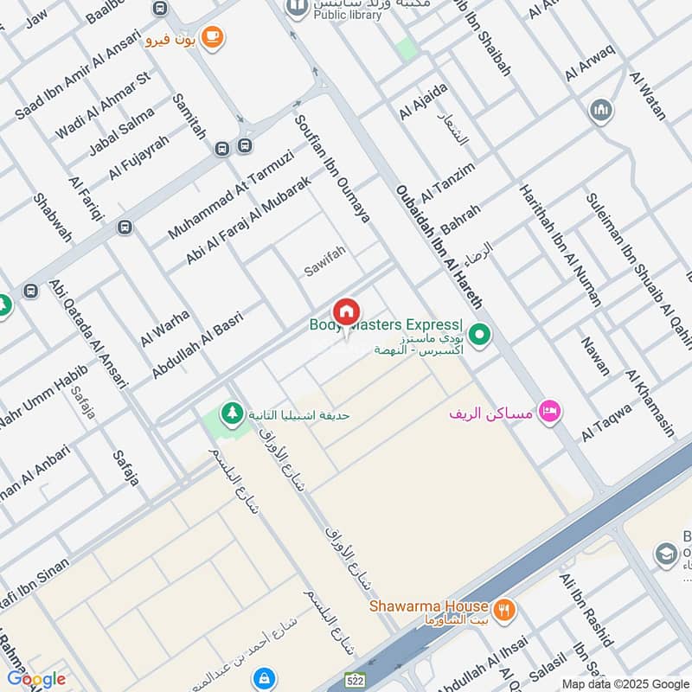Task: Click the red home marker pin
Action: [x=346, y=312]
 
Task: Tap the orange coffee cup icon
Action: [x=211, y=37]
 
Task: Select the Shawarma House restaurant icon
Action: [x=504, y=608]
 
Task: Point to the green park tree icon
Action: [x=231, y=414]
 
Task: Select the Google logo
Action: [x=36, y=678]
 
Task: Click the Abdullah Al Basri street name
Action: [x=197, y=344]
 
